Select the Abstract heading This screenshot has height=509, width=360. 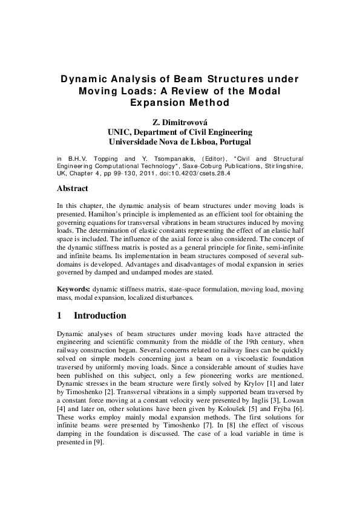point(72,189)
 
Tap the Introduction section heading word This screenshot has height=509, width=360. point(100,316)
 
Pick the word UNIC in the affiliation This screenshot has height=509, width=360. point(119,132)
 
